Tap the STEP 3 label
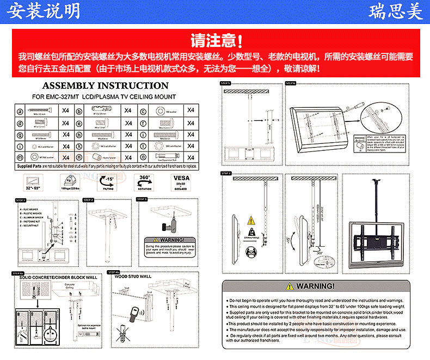pos(142,200)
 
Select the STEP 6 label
pos(290,83)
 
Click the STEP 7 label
pos(226,173)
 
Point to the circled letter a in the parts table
pos(20,111)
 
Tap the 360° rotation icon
pos(145,181)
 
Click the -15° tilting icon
pos(109,181)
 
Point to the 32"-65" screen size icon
pos(32,181)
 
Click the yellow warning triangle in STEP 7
pos(250,221)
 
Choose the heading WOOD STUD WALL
pos(133,277)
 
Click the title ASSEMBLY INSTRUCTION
pos(105,86)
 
